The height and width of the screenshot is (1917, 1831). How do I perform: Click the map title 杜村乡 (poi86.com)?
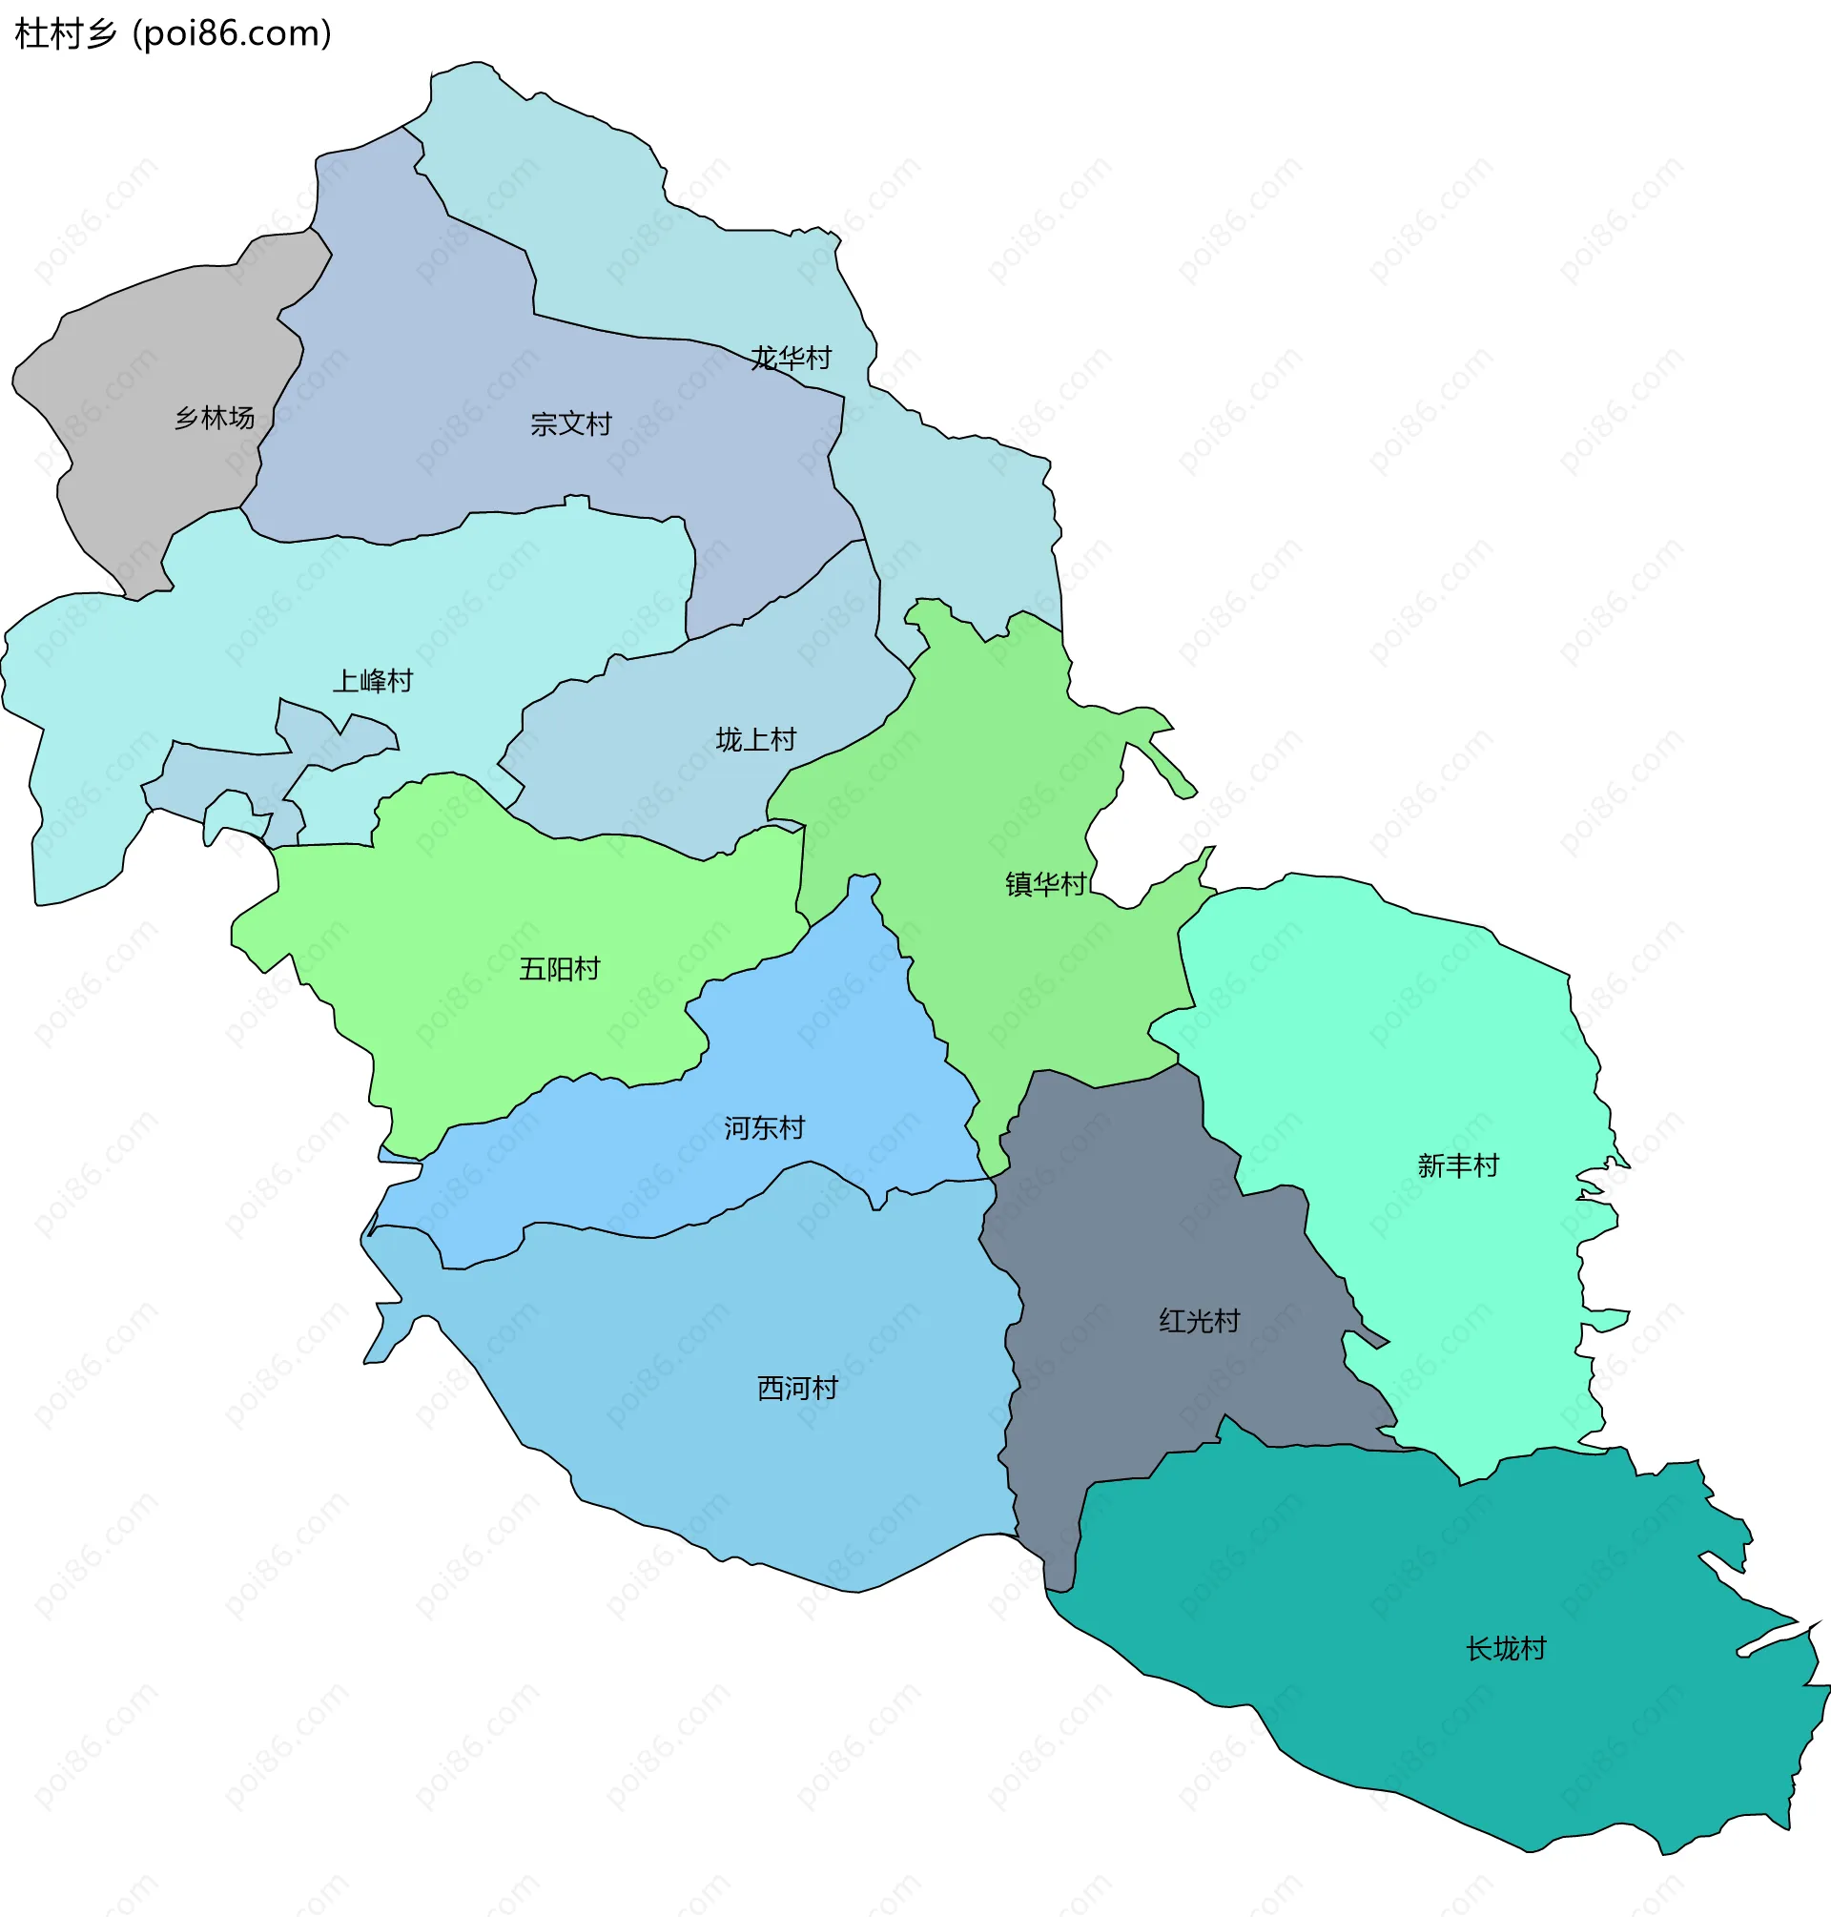pyautogui.click(x=173, y=34)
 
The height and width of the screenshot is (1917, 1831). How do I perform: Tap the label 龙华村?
pyautogui.click(x=791, y=359)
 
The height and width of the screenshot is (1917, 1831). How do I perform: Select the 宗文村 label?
pyautogui.click(x=571, y=423)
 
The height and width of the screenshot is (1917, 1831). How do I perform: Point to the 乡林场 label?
pyautogui.click(x=215, y=418)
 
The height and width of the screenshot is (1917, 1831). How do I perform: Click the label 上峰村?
pyautogui.click(x=373, y=680)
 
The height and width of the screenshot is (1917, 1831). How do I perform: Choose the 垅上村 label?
pyautogui.click(x=755, y=739)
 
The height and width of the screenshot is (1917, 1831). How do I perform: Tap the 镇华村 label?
pyautogui.click(x=1045, y=883)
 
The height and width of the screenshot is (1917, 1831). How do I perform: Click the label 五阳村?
pyautogui.click(x=559, y=968)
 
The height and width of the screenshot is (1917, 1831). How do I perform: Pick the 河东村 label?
pyautogui.click(x=764, y=1127)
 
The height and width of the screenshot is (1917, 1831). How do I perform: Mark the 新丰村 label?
pyautogui.click(x=1457, y=1165)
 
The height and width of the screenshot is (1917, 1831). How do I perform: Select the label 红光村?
pyautogui.click(x=1199, y=1320)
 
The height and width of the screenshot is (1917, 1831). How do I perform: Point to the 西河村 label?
pyautogui.click(x=797, y=1387)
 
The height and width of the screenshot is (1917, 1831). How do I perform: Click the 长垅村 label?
pyautogui.click(x=1506, y=1648)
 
